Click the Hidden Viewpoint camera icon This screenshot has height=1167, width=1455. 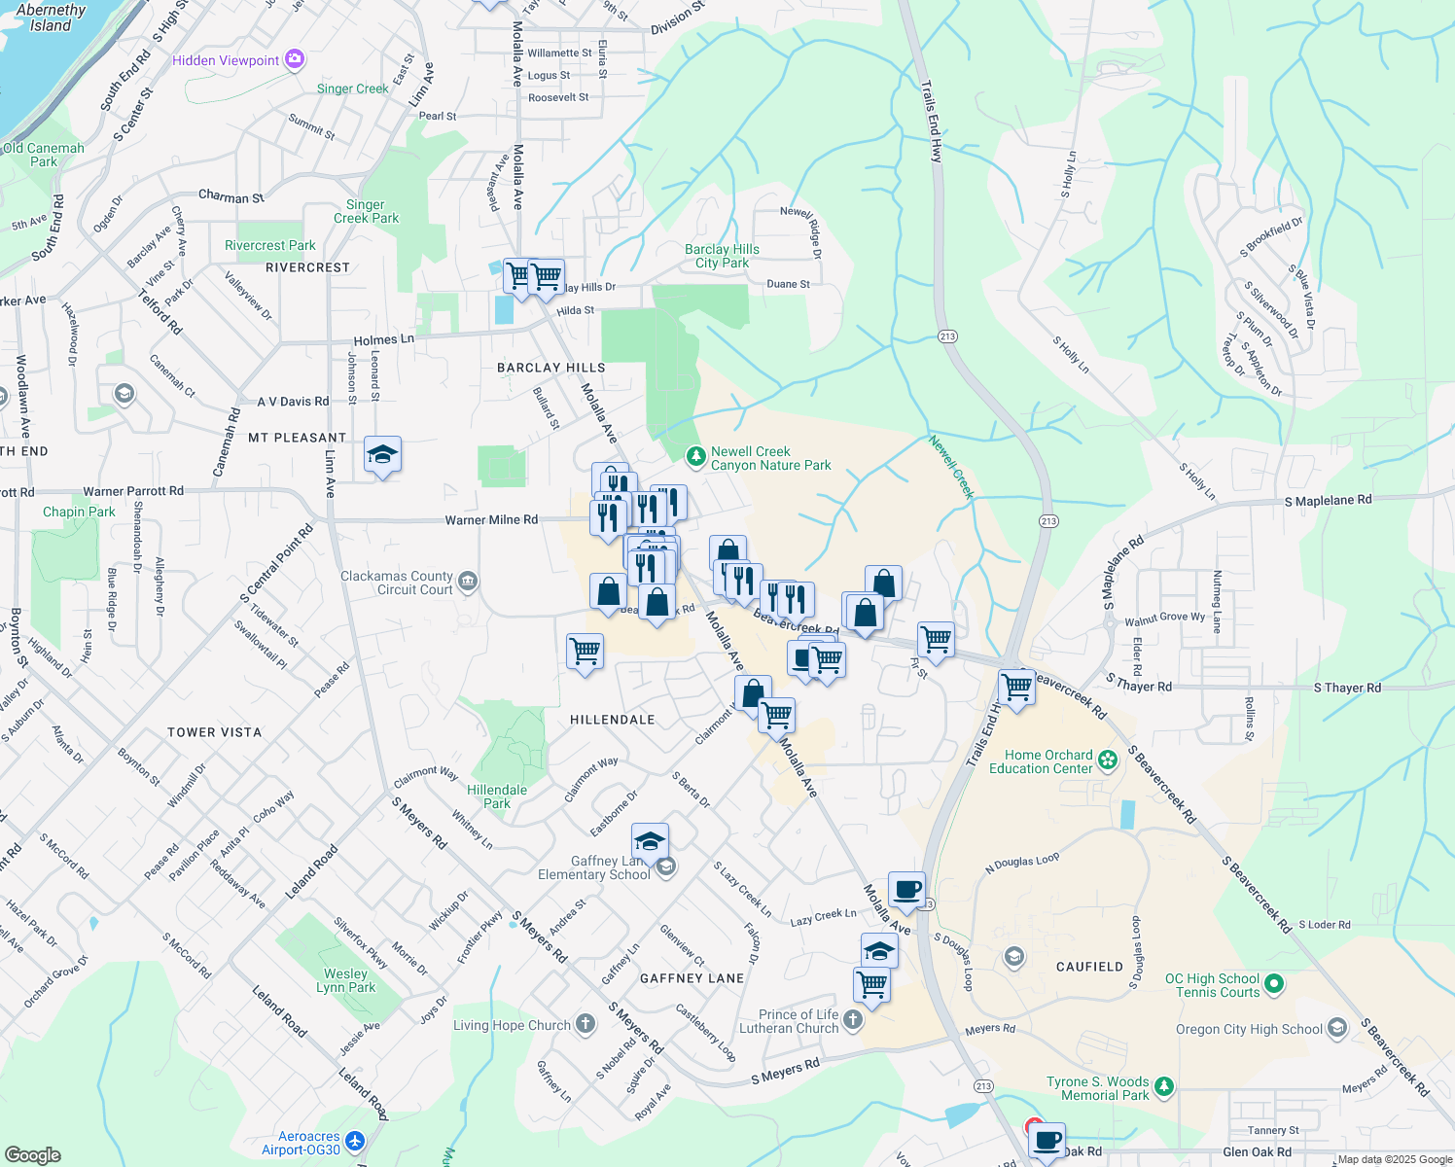295,60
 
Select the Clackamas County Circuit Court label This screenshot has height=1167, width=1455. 397,583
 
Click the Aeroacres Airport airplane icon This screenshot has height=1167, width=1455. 354,1140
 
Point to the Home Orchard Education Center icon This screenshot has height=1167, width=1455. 1108,760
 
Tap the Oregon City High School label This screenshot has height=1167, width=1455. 1249,1029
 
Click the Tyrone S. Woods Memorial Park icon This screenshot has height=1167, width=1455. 1164,1086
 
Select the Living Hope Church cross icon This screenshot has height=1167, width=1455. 586,1023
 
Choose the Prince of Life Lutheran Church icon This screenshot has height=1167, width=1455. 853,1019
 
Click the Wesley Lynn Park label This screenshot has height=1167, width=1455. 346,980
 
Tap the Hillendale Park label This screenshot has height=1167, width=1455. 497,796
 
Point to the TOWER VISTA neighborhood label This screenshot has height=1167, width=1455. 214,732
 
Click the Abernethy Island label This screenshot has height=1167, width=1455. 51,18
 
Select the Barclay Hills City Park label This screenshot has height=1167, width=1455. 722,256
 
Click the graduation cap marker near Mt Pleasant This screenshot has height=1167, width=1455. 382,454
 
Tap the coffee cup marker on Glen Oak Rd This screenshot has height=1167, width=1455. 1047,1140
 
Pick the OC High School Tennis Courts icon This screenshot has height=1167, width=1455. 1274,985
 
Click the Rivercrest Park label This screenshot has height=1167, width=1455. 270,246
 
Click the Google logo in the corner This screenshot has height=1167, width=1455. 33,1155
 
